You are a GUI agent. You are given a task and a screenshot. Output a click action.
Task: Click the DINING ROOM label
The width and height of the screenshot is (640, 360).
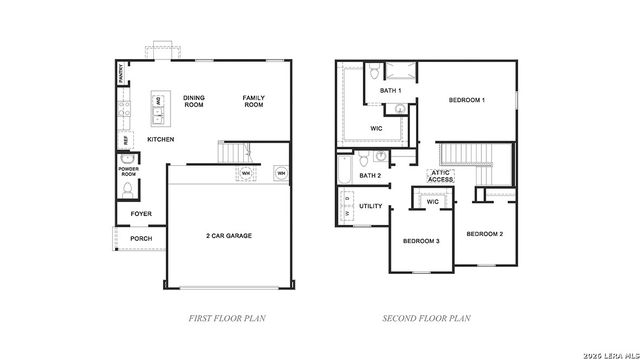[x=193, y=100]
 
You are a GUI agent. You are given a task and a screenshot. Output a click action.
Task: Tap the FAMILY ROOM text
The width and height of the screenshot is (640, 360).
[x=254, y=100]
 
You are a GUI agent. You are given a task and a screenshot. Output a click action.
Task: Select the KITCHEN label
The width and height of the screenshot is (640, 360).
[x=161, y=139]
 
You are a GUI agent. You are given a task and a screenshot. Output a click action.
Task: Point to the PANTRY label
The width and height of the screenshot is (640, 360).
[x=120, y=73]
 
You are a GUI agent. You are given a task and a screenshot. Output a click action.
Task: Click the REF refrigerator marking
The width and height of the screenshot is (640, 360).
[x=125, y=140]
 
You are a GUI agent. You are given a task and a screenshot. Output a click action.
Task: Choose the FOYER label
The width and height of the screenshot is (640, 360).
[x=141, y=213]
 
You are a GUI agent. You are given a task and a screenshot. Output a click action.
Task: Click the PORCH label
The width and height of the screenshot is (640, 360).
[x=141, y=239]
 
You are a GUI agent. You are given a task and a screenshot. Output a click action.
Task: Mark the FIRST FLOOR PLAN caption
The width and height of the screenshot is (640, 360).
[x=226, y=319]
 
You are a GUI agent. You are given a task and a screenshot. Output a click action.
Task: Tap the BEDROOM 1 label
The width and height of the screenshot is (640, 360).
[x=467, y=100]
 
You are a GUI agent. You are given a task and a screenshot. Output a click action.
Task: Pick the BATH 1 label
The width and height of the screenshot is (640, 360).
[x=391, y=91]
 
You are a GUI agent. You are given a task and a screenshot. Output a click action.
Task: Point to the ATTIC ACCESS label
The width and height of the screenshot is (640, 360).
[x=442, y=175]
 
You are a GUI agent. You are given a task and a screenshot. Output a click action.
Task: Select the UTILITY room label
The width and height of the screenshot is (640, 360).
[x=371, y=206]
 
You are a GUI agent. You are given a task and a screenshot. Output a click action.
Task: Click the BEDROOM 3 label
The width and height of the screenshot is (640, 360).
[x=421, y=242]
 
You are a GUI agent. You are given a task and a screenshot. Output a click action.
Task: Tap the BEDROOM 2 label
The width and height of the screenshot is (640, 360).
[x=484, y=233]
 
